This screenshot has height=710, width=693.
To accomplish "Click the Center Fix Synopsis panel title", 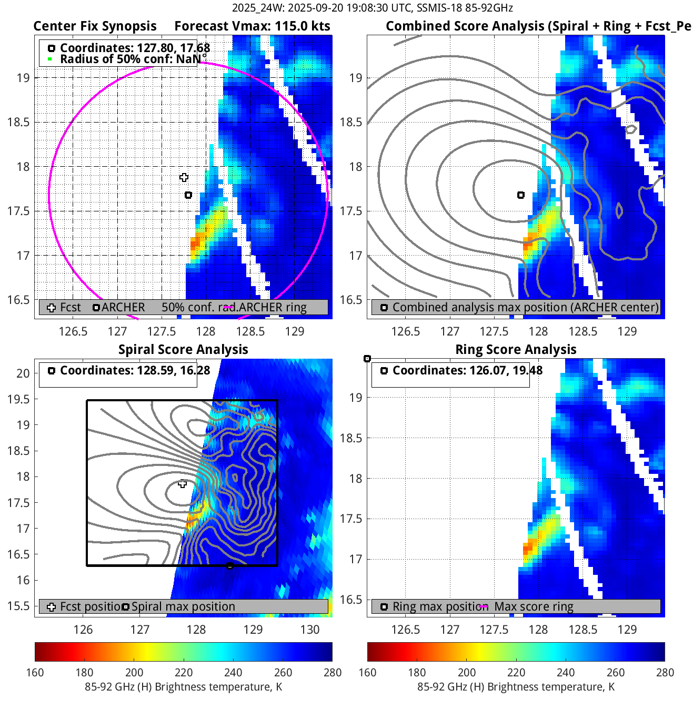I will click(95, 26).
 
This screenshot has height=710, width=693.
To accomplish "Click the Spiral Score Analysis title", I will click(183, 350).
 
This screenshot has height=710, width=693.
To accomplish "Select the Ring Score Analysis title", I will click(516, 350).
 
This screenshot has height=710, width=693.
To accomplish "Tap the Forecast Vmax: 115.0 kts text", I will click(252, 26).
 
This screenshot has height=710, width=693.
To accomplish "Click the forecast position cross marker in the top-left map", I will click(184, 178).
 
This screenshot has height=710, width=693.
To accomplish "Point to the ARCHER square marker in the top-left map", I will click(188, 195).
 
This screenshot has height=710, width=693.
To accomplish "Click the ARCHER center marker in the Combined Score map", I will click(521, 195).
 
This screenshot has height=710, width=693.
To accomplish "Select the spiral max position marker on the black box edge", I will click(229, 566).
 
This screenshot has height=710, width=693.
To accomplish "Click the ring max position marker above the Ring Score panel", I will click(367, 359).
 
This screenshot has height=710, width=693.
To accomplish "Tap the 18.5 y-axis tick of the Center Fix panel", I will click(18, 123).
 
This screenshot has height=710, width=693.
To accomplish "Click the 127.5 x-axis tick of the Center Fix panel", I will click(162, 331).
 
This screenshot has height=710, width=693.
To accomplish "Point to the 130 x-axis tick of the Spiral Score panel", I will click(310, 630).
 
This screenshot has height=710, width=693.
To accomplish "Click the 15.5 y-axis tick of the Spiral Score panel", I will click(18, 606).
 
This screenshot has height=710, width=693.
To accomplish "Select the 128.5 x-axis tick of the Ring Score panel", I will click(583, 630).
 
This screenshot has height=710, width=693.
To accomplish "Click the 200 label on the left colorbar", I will click(134, 672).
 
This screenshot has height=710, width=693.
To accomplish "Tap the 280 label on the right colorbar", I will click(665, 672).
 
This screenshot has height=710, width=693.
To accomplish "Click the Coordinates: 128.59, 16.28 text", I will click(135, 371).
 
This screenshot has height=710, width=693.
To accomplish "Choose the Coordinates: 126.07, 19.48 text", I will click(467, 371).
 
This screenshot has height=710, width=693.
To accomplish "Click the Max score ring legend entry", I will click(534, 606).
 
